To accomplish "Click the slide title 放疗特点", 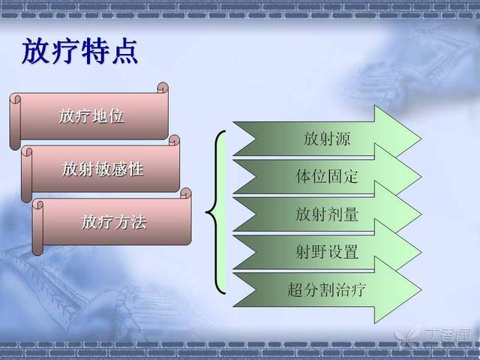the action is tap(80, 51).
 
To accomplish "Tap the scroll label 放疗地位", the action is tap(91, 116).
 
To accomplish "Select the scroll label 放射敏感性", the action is tap(103, 169).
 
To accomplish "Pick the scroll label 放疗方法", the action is tap(114, 222).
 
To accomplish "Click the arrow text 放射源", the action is tap(327, 139).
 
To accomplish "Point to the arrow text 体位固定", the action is tap(327, 176).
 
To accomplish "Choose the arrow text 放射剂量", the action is tap(327, 214).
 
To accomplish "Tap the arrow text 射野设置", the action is tap(327, 252).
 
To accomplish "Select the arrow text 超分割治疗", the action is tap(327, 289).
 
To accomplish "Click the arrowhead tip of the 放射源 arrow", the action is tap(421, 139).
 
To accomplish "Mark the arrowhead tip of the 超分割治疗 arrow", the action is tap(421, 289).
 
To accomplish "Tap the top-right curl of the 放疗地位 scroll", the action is tap(163, 88).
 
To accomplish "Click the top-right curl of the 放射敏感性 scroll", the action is tap(174, 140).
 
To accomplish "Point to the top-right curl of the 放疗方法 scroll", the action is tap(186, 193).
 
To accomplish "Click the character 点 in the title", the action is tap(125, 51).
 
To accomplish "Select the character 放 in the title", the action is tap(35, 51).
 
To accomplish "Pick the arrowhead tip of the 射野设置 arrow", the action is tap(421, 252).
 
